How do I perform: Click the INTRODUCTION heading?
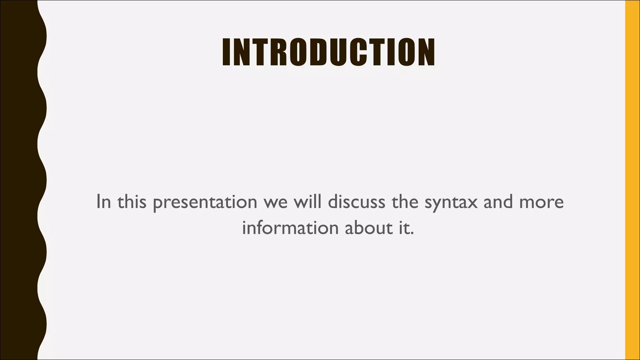[328, 52]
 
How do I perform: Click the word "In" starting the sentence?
[103, 202]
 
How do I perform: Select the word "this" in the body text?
[132, 202]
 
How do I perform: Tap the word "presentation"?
[205, 202]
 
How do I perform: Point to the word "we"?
[275, 202]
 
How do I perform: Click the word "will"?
[307, 202]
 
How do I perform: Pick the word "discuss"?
[357, 202]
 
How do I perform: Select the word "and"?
[498, 202]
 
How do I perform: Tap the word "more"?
[542, 202]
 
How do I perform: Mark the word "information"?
[290, 228]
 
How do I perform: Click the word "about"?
[368, 228]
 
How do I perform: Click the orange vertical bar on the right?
[632, 180]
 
